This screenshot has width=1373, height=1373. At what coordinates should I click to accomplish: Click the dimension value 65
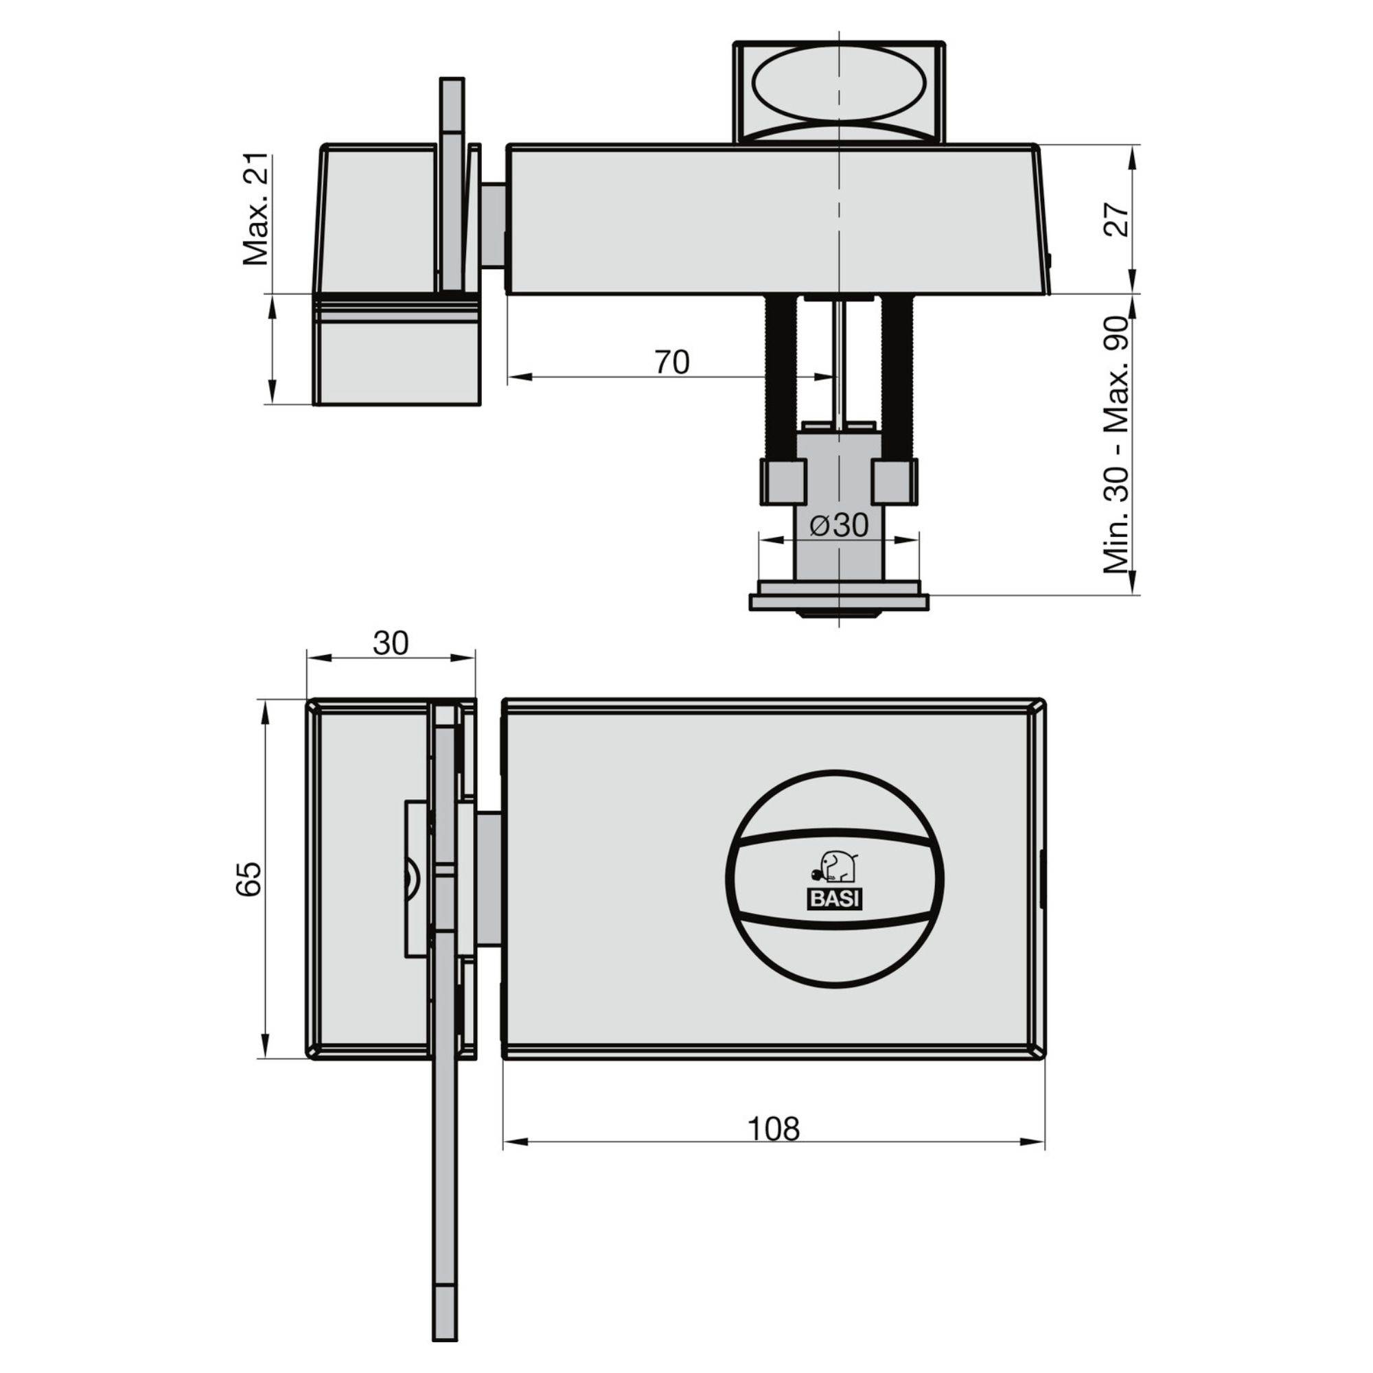(249, 879)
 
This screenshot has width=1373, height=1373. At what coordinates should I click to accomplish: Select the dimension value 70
(671, 362)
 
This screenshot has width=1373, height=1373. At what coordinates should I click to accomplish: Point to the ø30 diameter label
(839, 526)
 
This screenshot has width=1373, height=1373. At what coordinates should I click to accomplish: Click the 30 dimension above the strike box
(391, 643)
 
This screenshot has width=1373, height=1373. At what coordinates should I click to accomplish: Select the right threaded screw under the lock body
(897, 377)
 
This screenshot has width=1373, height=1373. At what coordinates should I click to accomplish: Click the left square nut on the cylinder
(784, 481)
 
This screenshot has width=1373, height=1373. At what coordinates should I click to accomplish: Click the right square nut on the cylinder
(894, 481)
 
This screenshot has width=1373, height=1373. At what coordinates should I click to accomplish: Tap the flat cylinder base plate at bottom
(839, 602)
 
